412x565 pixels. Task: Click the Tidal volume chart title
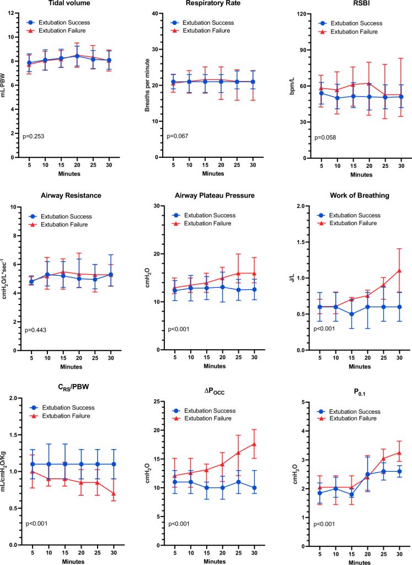tap(69, 3)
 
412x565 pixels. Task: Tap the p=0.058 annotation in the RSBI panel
tap(325, 137)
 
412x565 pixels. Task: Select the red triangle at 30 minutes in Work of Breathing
tap(399, 270)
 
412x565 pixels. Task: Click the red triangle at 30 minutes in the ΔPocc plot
tap(254, 444)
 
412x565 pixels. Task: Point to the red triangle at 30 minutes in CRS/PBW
tap(114, 494)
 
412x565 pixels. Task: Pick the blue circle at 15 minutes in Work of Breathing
tap(351, 314)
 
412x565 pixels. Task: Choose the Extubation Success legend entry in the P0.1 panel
tap(349, 412)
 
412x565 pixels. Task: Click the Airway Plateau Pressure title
tap(215, 195)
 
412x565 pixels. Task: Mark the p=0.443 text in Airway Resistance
tap(35, 330)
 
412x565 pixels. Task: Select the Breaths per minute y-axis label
tap(147, 85)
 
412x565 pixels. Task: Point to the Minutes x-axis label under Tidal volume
tap(69, 174)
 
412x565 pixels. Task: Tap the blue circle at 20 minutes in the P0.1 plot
tap(367, 475)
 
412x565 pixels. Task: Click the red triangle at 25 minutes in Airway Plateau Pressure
tap(238, 273)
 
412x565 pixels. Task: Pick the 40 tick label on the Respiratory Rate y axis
tap(155, 14)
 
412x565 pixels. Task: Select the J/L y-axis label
tap(293, 278)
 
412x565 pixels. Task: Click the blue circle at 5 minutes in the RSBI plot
tap(322, 93)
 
